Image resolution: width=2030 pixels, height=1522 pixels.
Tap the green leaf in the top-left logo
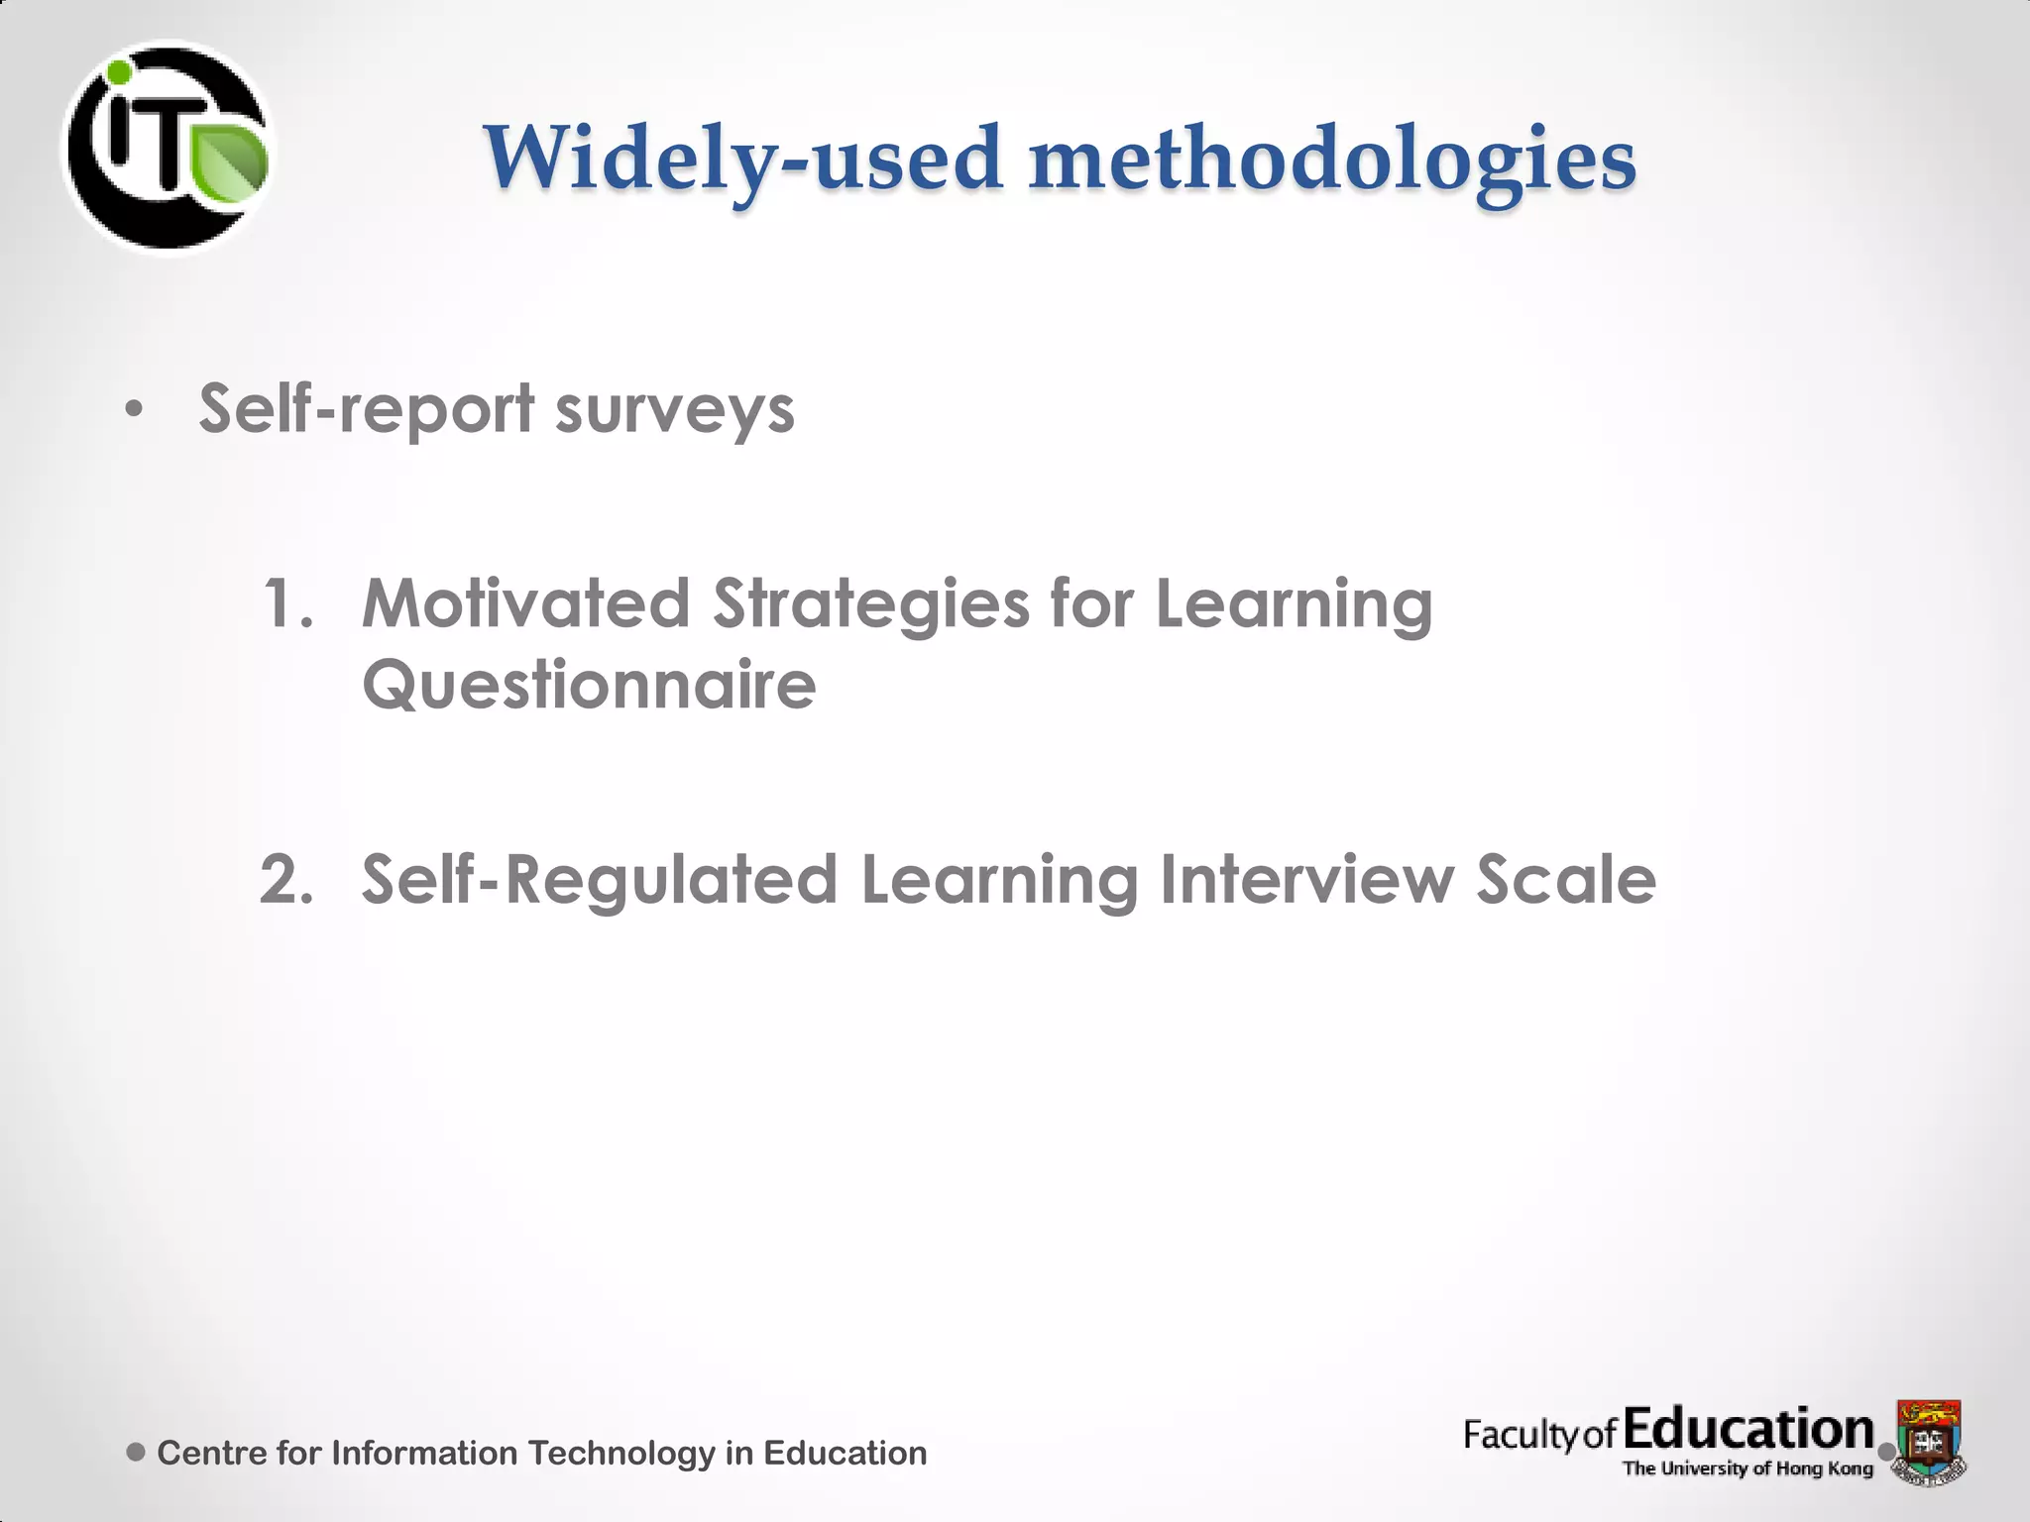[x=229, y=161]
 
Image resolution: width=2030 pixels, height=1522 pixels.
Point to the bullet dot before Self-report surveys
[x=135, y=409]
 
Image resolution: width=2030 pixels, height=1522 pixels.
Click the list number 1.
[x=287, y=604]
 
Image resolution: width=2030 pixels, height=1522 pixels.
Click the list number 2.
[x=286, y=880]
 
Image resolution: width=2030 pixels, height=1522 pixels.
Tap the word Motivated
[x=525, y=604]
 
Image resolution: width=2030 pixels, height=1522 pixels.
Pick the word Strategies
[x=871, y=604]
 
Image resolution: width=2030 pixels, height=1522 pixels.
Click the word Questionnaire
[x=589, y=685]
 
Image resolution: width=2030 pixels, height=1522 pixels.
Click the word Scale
[x=1566, y=880]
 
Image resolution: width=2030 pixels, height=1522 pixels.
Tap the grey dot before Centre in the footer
[x=137, y=1453]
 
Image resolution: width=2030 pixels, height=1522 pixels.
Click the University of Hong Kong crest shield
[x=1929, y=1439]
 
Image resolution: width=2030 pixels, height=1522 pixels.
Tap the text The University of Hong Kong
[x=1748, y=1468]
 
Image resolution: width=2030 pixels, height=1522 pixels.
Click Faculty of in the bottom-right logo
[x=1539, y=1435]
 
